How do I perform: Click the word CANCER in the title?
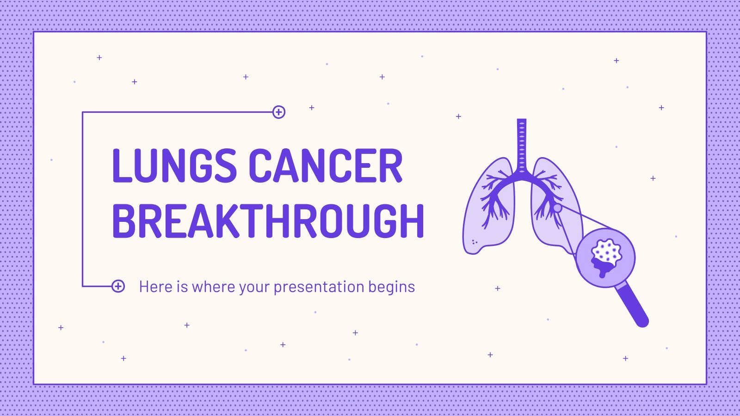pos(326,165)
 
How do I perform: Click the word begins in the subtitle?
pos(391,287)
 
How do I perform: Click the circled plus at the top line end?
pos(279,112)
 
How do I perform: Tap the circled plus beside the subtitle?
pos(118,286)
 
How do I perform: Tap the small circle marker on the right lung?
pos(558,208)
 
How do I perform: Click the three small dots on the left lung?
pos(474,242)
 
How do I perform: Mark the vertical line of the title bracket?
pos(82,199)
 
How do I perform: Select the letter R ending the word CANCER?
pos(391,165)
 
